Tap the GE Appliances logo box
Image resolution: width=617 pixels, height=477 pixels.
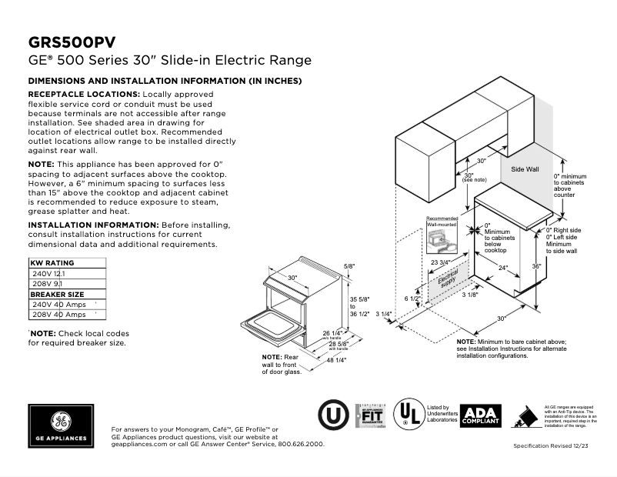pos(61,425)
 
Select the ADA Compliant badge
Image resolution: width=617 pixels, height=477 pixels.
pos(480,416)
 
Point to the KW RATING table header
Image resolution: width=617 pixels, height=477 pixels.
pos(52,263)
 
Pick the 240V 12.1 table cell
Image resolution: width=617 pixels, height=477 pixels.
pos(48,273)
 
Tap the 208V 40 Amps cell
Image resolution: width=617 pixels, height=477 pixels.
pos(58,315)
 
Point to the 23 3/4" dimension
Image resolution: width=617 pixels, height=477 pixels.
pos(440,263)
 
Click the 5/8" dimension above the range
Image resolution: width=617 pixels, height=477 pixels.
pos(349,266)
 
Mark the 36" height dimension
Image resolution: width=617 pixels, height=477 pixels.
pos(536,267)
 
